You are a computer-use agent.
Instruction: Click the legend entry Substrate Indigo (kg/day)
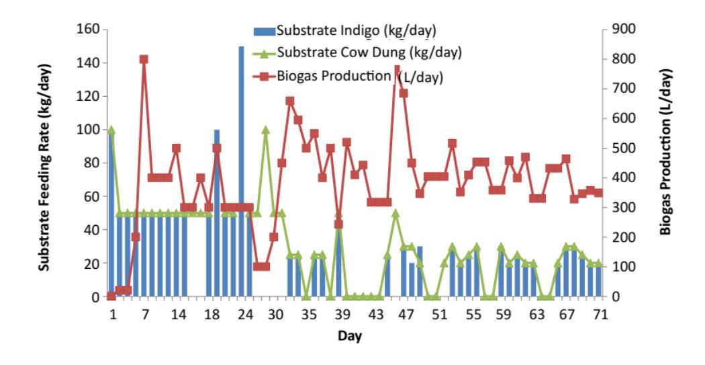click(345, 31)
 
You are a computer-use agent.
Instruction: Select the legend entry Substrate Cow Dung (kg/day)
click(357, 52)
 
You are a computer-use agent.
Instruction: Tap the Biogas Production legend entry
click(348, 77)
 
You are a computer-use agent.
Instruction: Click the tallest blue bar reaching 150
click(242, 171)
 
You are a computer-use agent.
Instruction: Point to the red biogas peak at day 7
click(144, 59)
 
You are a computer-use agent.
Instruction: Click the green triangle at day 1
click(111, 130)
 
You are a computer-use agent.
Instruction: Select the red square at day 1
click(111, 296)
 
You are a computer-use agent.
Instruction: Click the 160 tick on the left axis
click(89, 30)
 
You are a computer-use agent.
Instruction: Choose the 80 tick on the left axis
click(93, 163)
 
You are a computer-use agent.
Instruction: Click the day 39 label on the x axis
click(342, 315)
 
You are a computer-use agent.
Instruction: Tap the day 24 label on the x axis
click(245, 315)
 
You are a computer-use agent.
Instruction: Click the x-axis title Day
click(350, 335)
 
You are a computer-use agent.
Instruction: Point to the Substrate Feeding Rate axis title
click(44, 167)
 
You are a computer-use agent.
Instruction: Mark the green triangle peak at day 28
click(266, 130)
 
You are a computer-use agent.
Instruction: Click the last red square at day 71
click(598, 193)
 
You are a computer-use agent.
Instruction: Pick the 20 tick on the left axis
click(93, 263)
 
